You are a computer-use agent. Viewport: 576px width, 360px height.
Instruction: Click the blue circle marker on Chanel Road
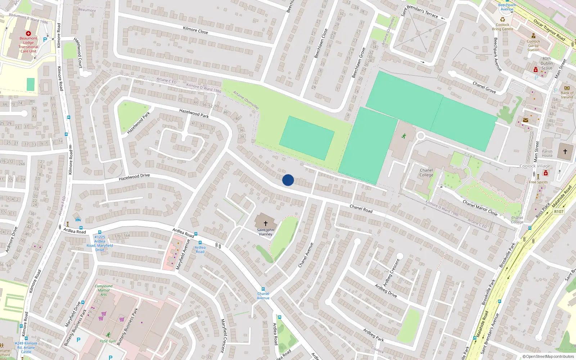288,180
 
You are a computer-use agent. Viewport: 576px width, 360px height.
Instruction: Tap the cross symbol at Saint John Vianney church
266,224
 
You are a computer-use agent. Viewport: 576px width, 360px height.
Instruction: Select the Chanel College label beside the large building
426,173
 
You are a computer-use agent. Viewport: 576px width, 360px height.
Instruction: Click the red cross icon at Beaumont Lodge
28,33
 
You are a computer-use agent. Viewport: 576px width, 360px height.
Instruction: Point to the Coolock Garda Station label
533,45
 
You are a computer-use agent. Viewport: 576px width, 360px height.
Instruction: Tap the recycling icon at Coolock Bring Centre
503,19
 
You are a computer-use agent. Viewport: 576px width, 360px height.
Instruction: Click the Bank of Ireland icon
567,88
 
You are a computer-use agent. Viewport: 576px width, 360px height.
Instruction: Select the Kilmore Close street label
195,30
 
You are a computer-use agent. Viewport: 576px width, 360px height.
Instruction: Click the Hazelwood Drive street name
134,177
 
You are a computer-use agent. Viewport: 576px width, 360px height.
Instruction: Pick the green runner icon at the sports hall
404,136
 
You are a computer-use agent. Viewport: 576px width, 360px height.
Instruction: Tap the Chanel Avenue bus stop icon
263,289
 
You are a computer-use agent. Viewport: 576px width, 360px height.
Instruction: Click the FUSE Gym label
108,341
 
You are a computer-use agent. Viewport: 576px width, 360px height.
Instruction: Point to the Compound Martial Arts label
103,290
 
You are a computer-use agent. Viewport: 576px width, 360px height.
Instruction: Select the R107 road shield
559,212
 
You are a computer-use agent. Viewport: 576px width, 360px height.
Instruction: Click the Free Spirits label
538,182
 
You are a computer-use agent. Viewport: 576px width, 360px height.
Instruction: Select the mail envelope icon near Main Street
526,120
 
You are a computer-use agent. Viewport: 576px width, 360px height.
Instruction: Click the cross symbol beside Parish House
565,152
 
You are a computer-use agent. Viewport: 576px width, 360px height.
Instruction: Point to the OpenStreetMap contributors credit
549,356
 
